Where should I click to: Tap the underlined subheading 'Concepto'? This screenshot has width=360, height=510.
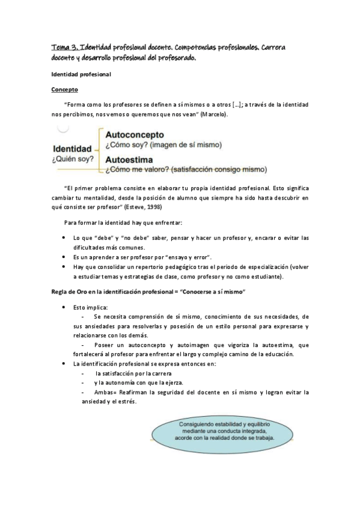click(x=65, y=89)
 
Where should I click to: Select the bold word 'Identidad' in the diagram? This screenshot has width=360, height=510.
click(x=72, y=148)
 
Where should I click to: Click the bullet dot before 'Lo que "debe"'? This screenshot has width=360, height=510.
click(x=64, y=238)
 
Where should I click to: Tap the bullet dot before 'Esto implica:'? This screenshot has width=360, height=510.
click(x=64, y=307)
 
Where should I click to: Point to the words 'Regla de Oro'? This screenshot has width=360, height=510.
click(x=70, y=291)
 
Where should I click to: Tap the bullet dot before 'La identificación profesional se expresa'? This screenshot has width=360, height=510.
click(x=64, y=364)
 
